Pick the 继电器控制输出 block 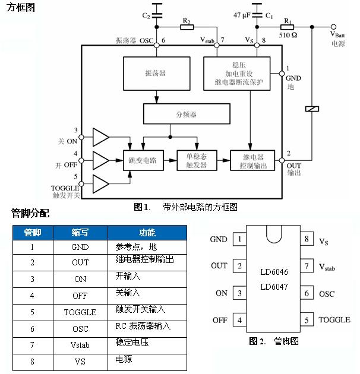pos(252,160)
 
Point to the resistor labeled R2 pos(187,27)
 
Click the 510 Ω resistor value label pos(289,34)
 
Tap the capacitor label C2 pos(146,15)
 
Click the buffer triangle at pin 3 pos(100,138)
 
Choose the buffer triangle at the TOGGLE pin pos(100,183)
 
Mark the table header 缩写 pos(80,232)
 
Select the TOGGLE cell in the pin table pos(80,312)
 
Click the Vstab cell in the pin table pos(80,344)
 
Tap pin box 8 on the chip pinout pos(306,240)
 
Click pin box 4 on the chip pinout pos(239,321)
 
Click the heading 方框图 pos(20,8)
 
